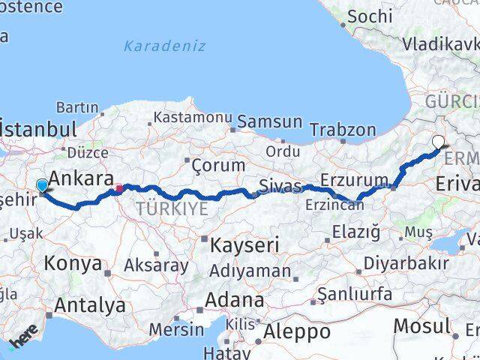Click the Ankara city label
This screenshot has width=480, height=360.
[x=81, y=180]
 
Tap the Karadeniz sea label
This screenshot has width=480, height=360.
[x=164, y=46]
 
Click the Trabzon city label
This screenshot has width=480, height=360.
[x=343, y=130]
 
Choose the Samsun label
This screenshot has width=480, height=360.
[x=270, y=121]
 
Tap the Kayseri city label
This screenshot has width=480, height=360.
[x=244, y=244]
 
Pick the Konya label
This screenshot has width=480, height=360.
[x=73, y=263]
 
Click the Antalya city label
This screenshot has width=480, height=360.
[x=89, y=305]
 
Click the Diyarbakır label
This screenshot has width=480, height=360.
[x=406, y=263]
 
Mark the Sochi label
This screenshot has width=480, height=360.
[x=370, y=16]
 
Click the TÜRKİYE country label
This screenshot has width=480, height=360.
[x=172, y=208]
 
